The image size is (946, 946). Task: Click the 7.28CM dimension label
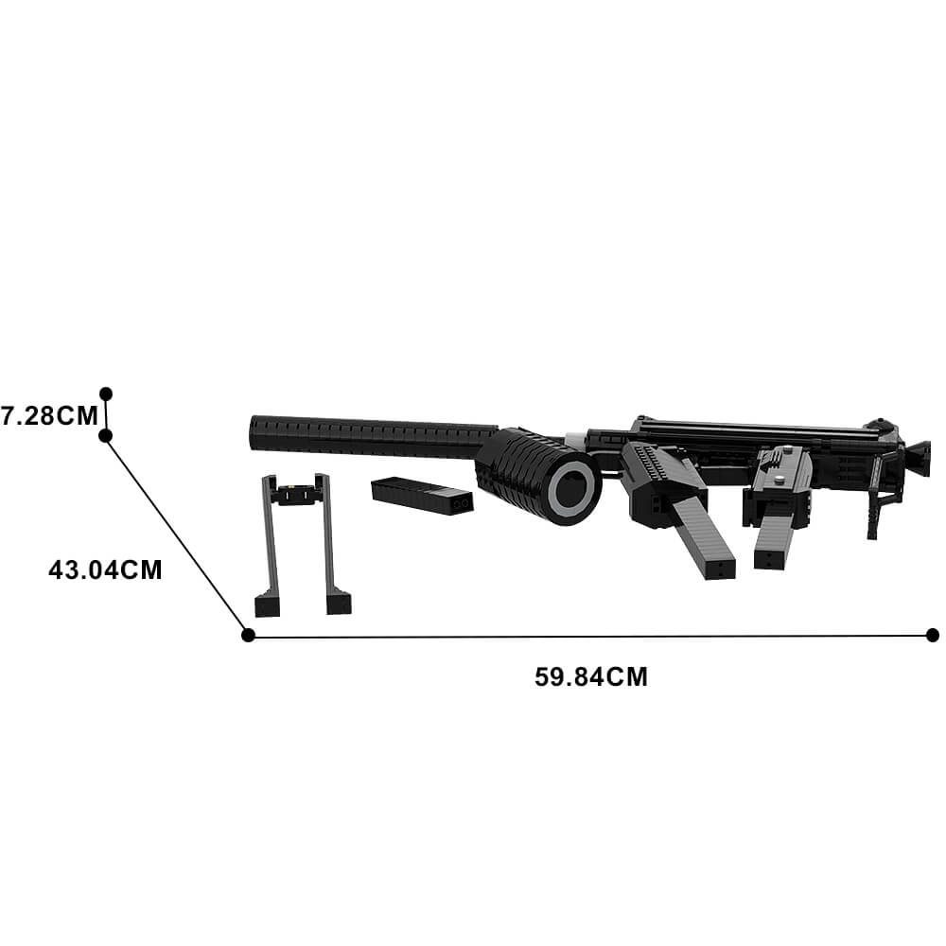click(x=49, y=415)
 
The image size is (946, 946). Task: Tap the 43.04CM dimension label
click(x=106, y=570)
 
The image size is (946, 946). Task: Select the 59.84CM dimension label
click(x=591, y=677)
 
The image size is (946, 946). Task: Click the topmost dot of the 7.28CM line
click(x=106, y=394)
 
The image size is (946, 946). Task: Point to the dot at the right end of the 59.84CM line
click(x=932, y=635)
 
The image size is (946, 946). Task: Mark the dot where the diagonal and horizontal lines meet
click(x=248, y=636)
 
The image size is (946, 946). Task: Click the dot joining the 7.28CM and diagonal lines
click(x=106, y=435)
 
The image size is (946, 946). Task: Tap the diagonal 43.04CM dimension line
click(x=177, y=535)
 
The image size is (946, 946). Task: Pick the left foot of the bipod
click(x=268, y=605)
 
